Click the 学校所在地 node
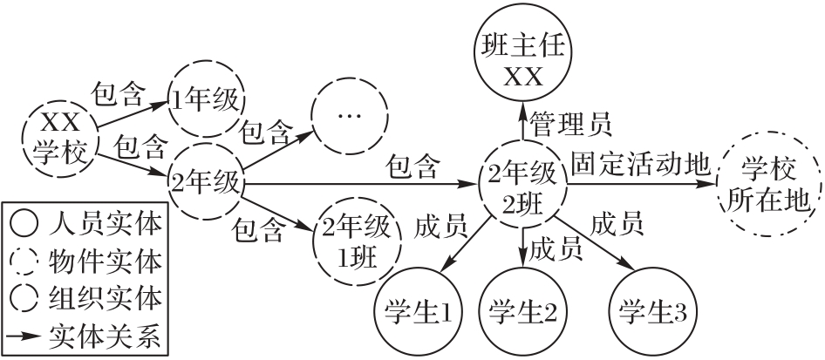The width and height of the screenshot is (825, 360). [763, 183]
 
